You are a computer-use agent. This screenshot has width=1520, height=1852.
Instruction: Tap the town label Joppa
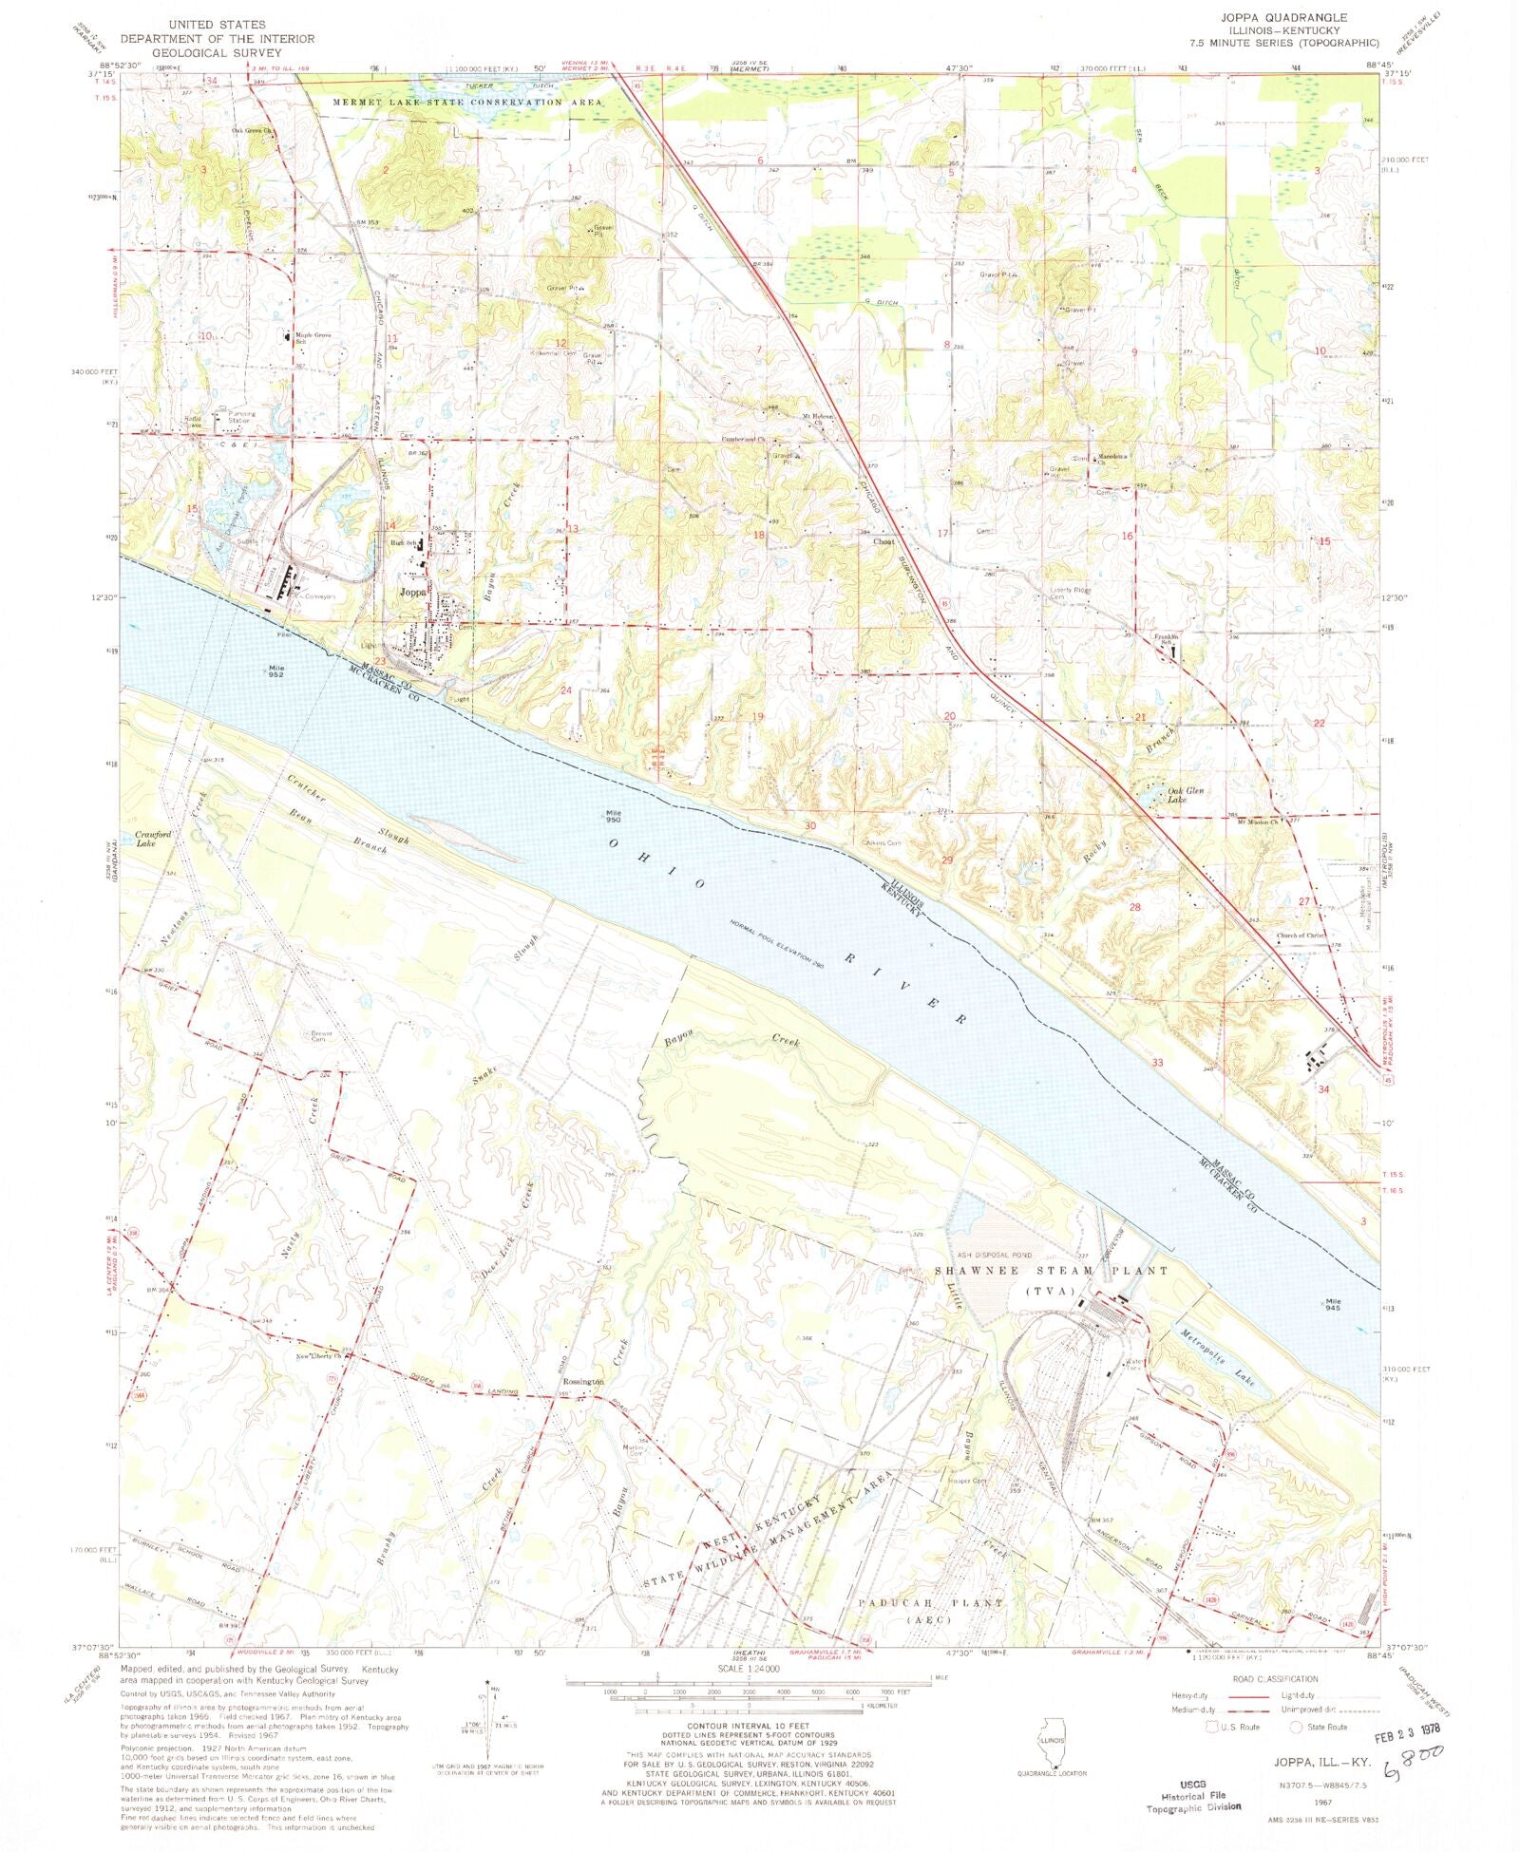click(412, 591)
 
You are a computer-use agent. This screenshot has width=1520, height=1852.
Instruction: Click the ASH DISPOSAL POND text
click(994, 1255)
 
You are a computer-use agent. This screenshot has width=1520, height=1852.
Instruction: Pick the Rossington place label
click(581, 1382)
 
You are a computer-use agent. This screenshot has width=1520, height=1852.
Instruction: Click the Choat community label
click(883, 541)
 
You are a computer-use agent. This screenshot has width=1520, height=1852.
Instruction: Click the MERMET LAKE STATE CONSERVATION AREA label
click(466, 102)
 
